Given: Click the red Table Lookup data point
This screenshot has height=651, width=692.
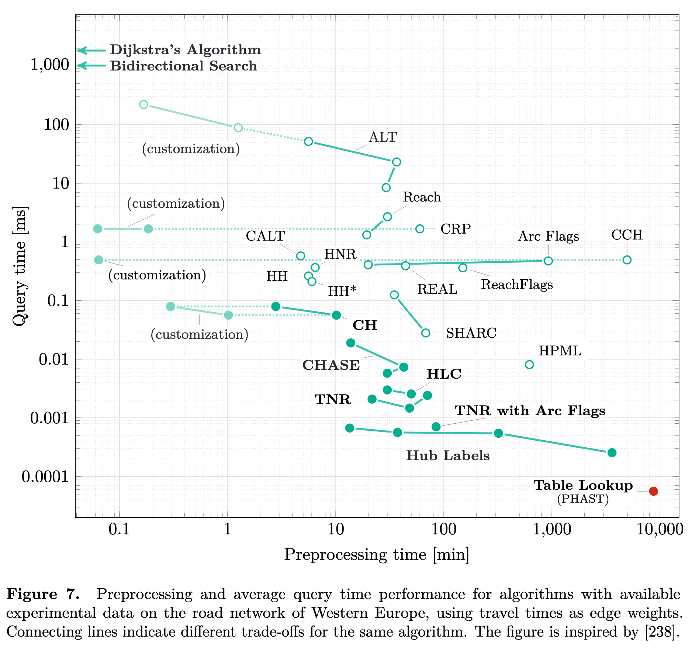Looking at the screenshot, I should click(653, 491).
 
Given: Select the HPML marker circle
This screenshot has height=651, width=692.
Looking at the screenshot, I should click(529, 365).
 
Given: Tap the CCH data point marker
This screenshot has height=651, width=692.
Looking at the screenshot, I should click(627, 260).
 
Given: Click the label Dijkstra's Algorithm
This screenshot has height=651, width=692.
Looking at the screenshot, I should click(185, 50).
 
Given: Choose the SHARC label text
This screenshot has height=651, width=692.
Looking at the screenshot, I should click(471, 333).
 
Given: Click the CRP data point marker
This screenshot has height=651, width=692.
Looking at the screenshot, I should click(420, 229).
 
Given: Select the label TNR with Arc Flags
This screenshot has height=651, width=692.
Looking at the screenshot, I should click(530, 411).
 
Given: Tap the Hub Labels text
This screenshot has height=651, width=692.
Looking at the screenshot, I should click(448, 456).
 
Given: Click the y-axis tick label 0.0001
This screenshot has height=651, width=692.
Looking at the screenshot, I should click(45, 477).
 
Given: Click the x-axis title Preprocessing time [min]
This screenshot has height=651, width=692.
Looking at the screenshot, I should click(377, 555).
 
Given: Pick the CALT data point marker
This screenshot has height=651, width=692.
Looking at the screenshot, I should click(301, 256).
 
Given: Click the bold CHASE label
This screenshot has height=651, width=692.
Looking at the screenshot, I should click(331, 365).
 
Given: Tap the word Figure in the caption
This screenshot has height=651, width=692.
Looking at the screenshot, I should click(32, 595).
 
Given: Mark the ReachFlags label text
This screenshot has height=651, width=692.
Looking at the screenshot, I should click(517, 285).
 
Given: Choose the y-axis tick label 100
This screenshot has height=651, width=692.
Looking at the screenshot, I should click(56, 125).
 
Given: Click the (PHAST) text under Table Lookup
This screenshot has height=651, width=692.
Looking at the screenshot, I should click(583, 499).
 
